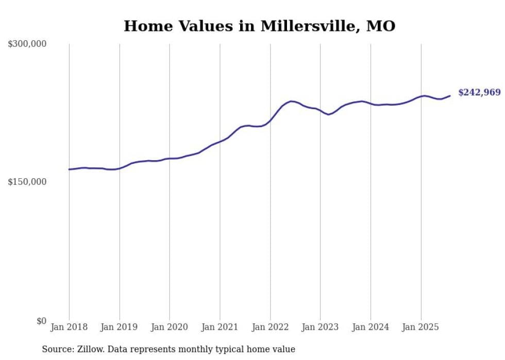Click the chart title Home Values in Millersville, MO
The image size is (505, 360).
(259, 26)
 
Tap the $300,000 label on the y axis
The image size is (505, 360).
(27, 44)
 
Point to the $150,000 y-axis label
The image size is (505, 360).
(27, 182)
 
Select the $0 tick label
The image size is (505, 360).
(41, 321)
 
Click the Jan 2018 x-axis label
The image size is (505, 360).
(69, 327)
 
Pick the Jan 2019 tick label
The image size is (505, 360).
(120, 327)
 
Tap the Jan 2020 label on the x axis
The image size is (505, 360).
(170, 327)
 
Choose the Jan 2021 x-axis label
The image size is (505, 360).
(220, 327)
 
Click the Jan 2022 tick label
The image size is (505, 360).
(270, 327)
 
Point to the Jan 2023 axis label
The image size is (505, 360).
(320, 327)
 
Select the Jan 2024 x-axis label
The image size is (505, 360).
(371, 327)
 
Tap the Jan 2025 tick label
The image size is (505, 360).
(420, 327)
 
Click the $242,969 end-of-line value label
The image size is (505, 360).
(479, 93)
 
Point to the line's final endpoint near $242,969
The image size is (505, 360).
(450, 95)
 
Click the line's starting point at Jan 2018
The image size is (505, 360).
(69, 169)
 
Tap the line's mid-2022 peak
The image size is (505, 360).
(292, 101)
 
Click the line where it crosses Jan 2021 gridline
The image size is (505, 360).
(220, 141)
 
